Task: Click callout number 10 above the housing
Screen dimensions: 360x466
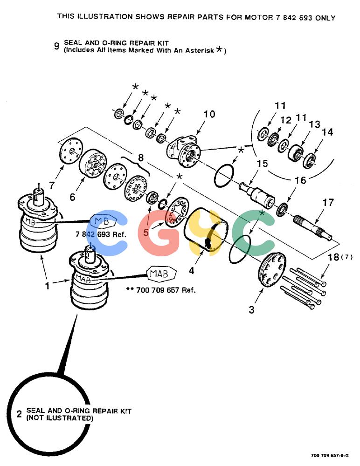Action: pyautogui.click(x=209, y=114)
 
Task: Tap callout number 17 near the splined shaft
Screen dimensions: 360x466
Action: pyautogui.click(x=328, y=203)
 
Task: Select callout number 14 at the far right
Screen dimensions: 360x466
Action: pyautogui.click(x=327, y=132)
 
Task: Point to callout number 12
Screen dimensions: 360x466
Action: pyautogui.click(x=286, y=120)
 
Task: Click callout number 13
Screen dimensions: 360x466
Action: pyautogui.click(x=314, y=124)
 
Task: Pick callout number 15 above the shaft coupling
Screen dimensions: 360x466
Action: pyautogui.click(x=262, y=164)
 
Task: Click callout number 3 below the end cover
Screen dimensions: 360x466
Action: pyautogui.click(x=252, y=310)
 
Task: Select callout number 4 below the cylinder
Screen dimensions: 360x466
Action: pyautogui.click(x=192, y=270)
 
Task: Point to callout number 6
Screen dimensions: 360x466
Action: pyautogui.click(x=72, y=197)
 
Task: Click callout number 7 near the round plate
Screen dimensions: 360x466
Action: pyautogui.click(x=52, y=185)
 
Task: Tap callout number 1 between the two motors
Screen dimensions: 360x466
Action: pyautogui.click(x=47, y=286)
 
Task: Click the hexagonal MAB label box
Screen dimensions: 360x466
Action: pyautogui.click(x=161, y=273)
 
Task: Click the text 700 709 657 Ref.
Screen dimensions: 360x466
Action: pyautogui.click(x=166, y=290)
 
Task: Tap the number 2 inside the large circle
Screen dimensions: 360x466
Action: pyautogui.click(x=19, y=414)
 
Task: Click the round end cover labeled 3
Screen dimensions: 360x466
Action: pyautogui.click(x=272, y=269)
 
